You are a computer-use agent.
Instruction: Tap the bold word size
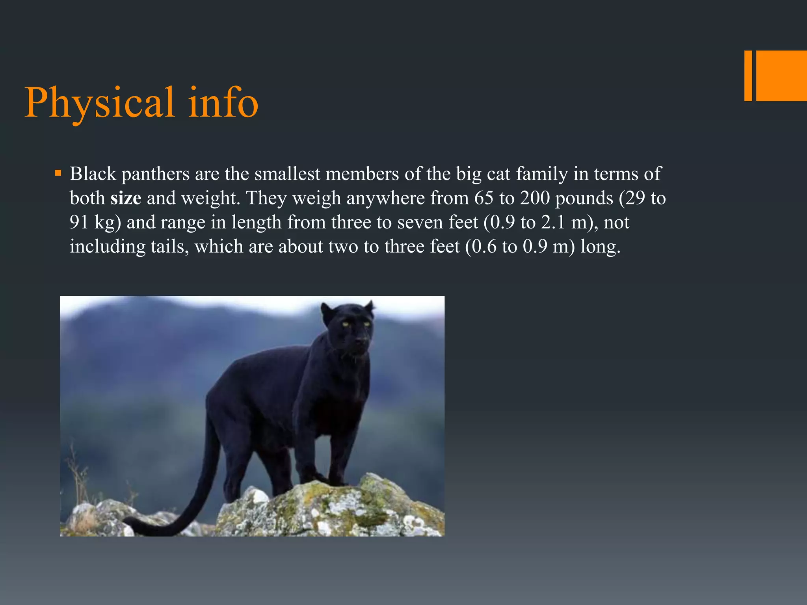126,198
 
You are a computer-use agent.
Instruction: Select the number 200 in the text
535,198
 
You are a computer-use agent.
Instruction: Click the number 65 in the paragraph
483,198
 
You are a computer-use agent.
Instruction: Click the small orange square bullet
58,173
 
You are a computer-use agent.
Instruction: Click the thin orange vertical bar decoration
748,76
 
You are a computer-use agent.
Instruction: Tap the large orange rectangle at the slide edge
781,76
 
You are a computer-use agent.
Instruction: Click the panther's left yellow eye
345,324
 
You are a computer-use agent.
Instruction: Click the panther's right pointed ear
369,306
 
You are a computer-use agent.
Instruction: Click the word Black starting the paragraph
93,174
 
